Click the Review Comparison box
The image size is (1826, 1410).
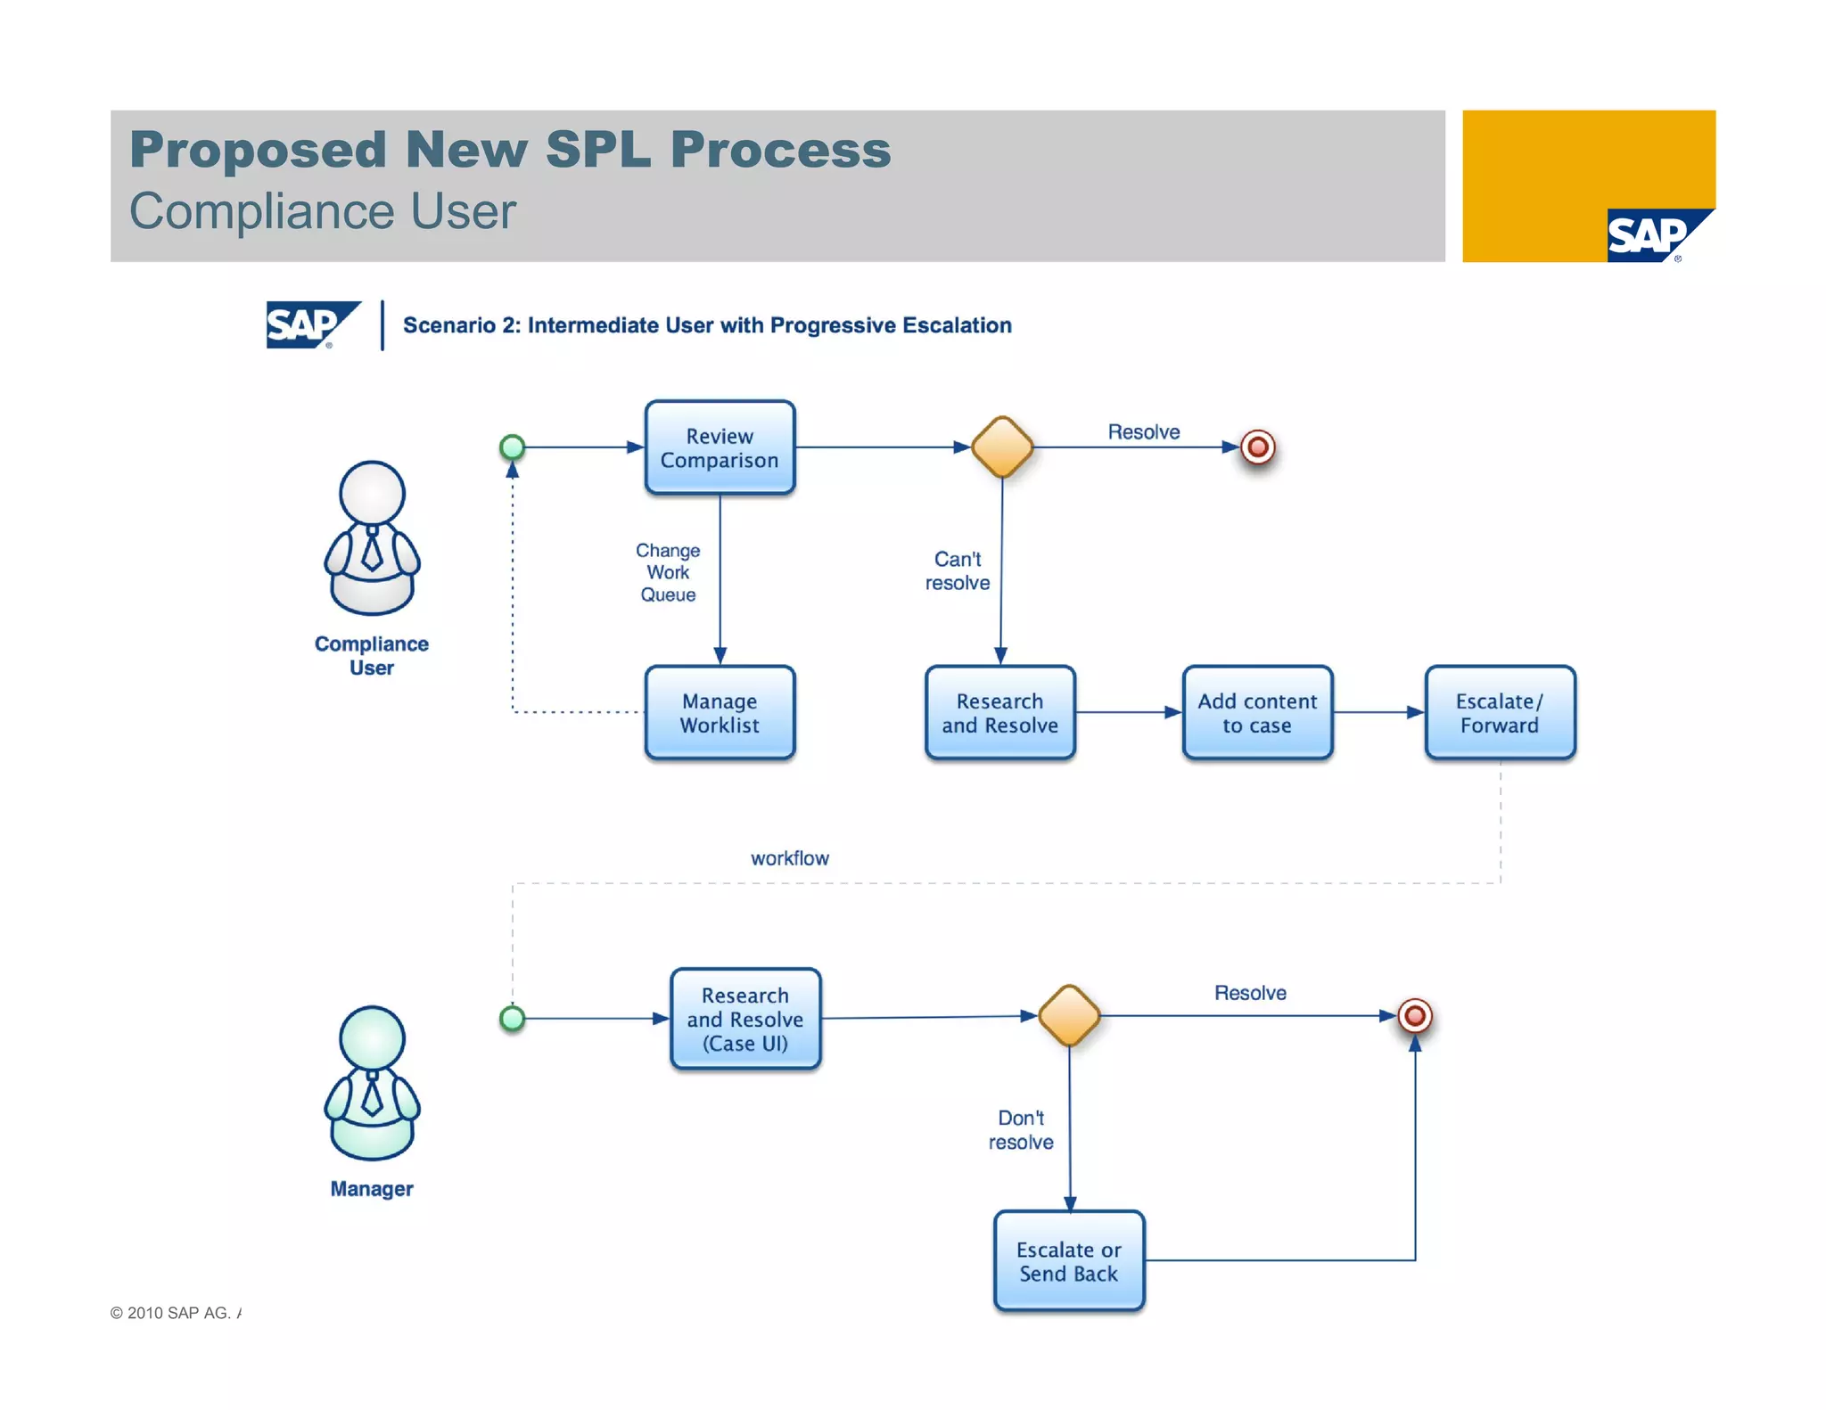(720, 447)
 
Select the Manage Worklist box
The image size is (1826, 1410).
(720, 712)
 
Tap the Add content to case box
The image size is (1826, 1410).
(1257, 712)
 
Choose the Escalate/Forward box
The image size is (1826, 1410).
(1500, 712)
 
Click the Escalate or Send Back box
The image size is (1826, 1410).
(1068, 1260)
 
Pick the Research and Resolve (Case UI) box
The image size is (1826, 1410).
(745, 1018)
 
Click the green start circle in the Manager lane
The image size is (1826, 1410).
(513, 1018)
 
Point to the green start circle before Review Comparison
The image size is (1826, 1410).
(513, 447)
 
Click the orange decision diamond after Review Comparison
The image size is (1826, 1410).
(1002, 447)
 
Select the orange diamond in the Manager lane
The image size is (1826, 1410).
(1069, 1015)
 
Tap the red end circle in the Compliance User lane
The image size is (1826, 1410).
(1257, 447)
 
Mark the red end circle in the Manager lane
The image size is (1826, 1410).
(1415, 1015)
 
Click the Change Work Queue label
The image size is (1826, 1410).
(668, 572)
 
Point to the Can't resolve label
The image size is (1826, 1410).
(958, 570)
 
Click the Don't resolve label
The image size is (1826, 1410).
(1021, 1129)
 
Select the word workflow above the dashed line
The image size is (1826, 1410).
(789, 857)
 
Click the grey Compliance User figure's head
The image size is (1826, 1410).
(372, 493)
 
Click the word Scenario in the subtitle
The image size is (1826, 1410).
(448, 325)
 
